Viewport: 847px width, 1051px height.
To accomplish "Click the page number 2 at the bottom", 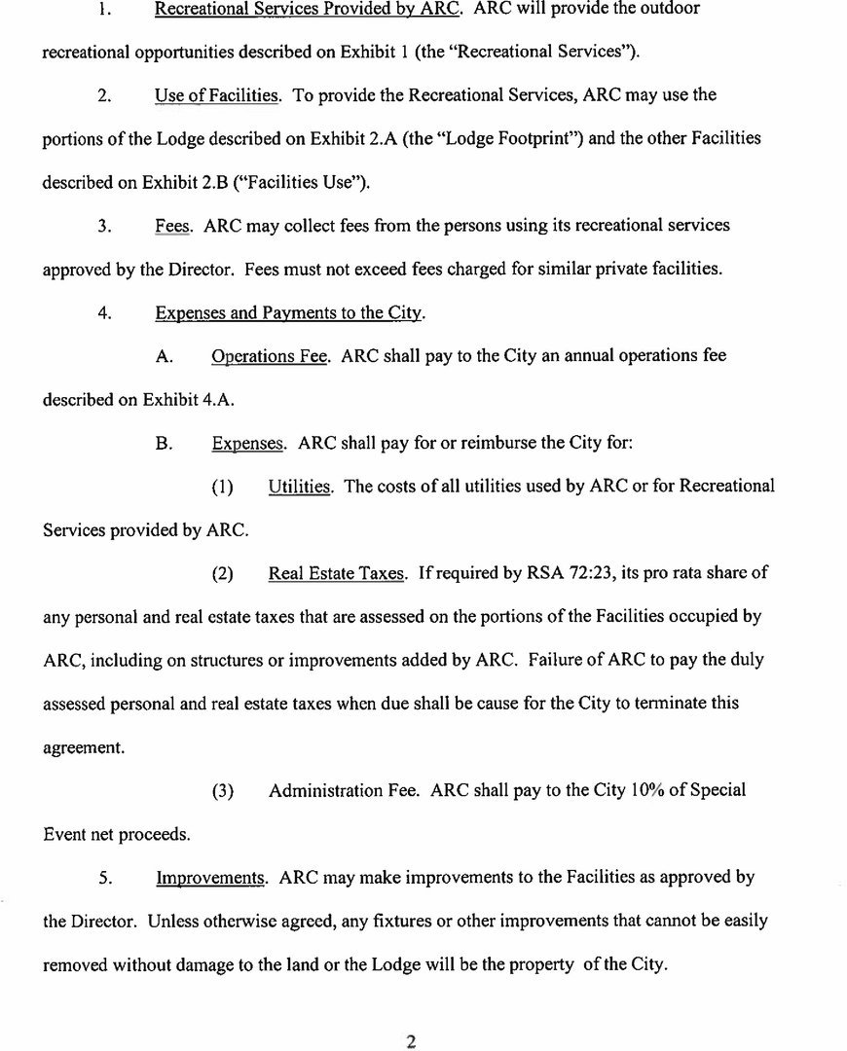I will [x=411, y=1042].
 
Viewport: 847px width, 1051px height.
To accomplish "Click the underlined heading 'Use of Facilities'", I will [x=218, y=95].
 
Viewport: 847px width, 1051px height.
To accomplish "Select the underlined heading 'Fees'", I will [x=172, y=225].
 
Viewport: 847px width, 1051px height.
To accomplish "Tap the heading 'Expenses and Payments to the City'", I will [x=289, y=312].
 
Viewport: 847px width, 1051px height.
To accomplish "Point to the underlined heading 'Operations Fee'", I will [x=270, y=355].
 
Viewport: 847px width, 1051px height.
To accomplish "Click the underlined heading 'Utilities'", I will [x=299, y=486].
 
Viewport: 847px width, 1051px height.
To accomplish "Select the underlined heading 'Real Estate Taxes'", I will [x=336, y=573].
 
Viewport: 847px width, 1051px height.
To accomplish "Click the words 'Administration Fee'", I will [x=344, y=790].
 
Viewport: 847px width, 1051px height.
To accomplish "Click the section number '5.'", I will [x=107, y=877].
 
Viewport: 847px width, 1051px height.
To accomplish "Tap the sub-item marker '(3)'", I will [x=223, y=790].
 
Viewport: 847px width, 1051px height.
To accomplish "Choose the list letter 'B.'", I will [x=165, y=443].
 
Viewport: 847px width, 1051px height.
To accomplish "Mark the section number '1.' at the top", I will [x=107, y=9].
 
